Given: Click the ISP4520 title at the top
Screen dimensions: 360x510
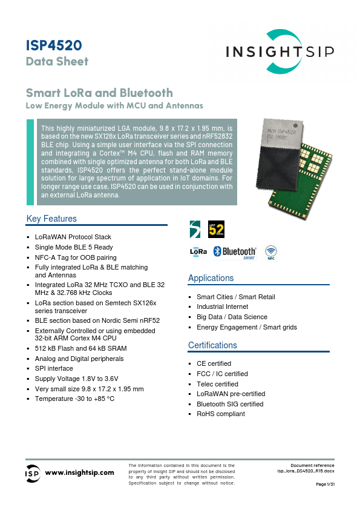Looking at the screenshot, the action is coord(54,45).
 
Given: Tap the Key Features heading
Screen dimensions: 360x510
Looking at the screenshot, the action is coord(51,219).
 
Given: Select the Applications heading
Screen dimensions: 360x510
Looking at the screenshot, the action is coord(211,278).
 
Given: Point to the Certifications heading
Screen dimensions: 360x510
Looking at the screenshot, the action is coord(212,345).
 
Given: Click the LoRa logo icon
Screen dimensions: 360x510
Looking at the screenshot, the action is coord(198,251).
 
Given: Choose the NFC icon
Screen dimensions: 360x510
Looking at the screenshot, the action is coord(272,252).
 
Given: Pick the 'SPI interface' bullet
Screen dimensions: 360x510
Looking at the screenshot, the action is coord(54,368).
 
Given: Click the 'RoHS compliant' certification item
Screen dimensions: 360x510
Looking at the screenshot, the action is coord(221,414).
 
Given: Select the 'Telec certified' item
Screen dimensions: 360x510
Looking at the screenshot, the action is coord(217,384).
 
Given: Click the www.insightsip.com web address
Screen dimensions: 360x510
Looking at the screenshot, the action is coord(80,472).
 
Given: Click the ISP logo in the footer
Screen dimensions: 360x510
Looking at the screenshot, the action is coord(33,472).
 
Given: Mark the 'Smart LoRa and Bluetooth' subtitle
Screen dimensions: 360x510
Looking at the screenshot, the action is coord(99,93).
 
